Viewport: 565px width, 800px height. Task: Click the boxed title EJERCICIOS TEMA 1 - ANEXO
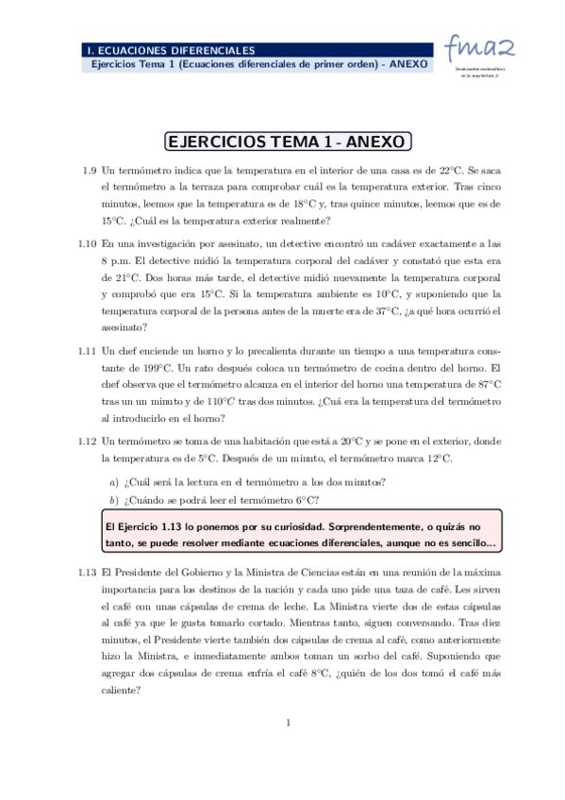pos(288,142)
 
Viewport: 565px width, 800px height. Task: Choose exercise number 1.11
pos(87,350)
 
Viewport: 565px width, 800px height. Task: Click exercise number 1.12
pos(87,441)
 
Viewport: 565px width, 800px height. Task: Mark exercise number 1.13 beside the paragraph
pos(87,572)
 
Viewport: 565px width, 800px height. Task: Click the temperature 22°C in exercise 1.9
pos(447,171)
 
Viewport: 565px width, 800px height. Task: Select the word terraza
pos(207,187)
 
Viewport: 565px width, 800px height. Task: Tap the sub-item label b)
pos(114,500)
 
